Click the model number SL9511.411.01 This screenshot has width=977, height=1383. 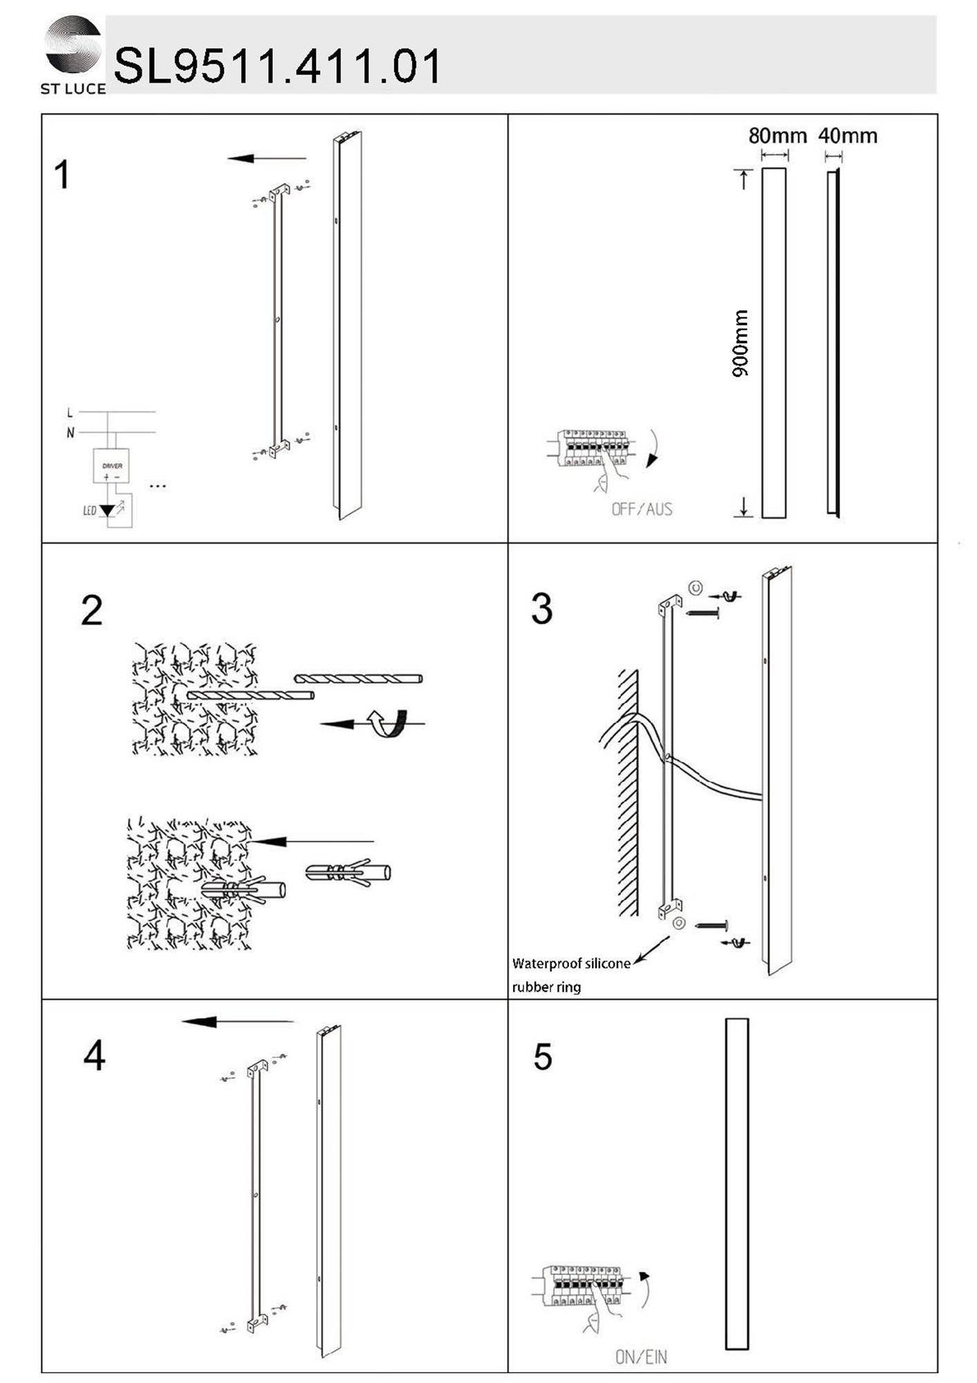pos(277,66)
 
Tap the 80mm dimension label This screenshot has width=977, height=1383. pos(777,136)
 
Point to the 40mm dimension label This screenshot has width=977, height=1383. pos(848,136)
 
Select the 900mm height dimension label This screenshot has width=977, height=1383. pos(740,343)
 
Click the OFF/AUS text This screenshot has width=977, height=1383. pos(642,510)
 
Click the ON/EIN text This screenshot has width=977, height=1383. pos(641,1357)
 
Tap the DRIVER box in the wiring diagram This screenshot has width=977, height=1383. pos(111,466)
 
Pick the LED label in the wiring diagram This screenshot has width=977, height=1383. pos(90,511)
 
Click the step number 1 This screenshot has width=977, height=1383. pos(62,174)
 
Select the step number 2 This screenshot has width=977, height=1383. pos(92,611)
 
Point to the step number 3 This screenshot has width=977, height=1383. pos(542,609)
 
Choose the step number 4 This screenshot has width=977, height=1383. pos(94,1056)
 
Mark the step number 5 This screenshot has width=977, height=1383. pos(543,1057)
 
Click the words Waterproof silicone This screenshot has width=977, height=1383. pos(571,963)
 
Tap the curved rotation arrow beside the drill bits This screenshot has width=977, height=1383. pos(389,723)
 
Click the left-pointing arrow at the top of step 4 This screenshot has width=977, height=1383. pos(237,1021)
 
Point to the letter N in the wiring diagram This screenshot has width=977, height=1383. pos(70,433)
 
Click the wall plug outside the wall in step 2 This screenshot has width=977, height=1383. pos(348,872)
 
